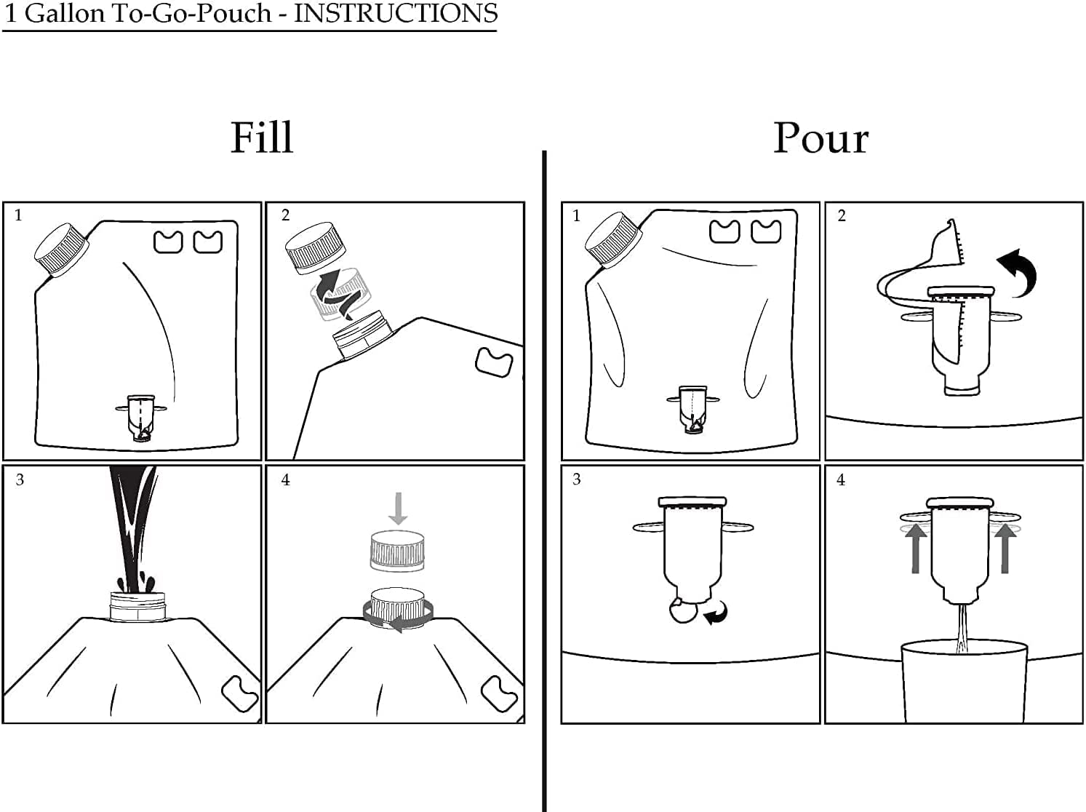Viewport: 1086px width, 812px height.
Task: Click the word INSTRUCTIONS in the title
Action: tap(396, 13)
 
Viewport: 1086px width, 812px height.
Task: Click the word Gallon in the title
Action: tap(65, 13)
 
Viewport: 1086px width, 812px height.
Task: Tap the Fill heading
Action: tap(262, 138)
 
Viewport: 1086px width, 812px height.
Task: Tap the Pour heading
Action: tap(821, 138)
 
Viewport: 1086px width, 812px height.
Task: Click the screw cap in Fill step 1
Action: tap(62, 250)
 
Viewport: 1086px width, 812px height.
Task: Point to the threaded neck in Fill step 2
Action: tap(362, 334)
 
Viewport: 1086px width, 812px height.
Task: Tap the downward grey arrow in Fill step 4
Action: tap(398, 508)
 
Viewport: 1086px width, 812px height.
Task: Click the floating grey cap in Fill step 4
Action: tap(397, 551)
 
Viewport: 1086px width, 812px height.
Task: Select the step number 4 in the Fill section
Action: tap(285, 479)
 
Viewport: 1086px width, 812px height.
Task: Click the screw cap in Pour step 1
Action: tap(613, 240)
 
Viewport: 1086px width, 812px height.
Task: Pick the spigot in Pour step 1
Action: tap(692, 410)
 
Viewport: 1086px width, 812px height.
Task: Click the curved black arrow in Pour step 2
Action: tap(1018, 273)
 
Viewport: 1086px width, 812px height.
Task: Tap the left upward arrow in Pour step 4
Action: tap(916, 549)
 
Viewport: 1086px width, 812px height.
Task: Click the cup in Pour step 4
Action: tap(965, 681)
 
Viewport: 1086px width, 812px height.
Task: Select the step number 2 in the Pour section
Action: tap(842, 216)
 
